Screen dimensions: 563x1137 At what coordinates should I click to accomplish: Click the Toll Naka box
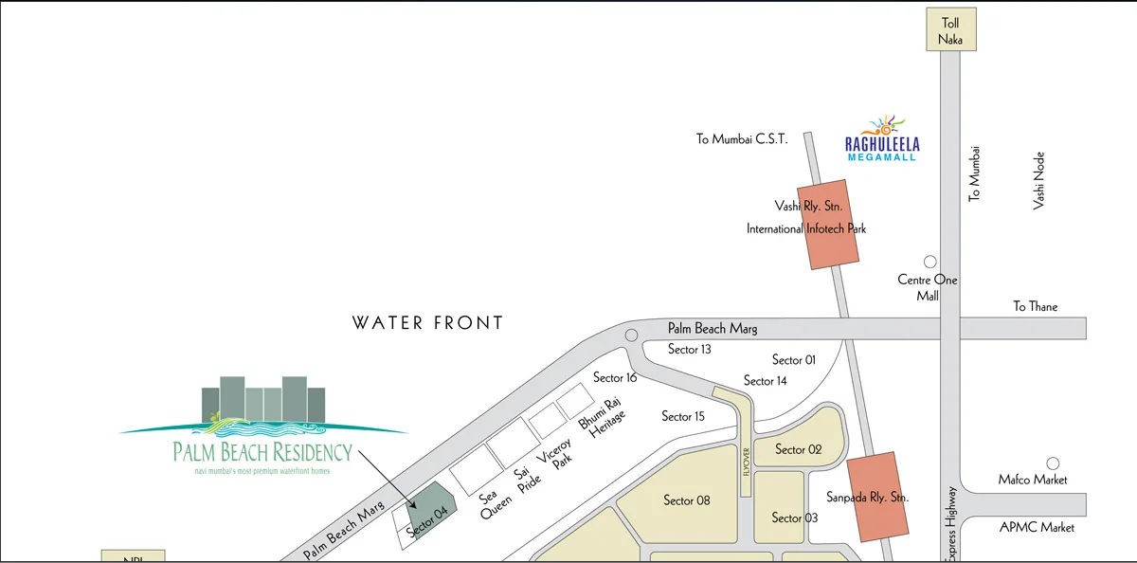(x=950, y=30)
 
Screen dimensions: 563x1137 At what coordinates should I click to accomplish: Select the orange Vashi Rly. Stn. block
(x=829, y=224)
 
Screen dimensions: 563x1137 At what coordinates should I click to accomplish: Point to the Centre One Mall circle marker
(x=929, y=262)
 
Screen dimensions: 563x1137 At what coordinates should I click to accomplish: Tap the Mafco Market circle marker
(x=1052, y=463)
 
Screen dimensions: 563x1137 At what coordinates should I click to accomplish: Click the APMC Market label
(x=1038, y=527)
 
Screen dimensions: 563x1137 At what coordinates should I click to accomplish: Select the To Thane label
(x=1035, y=306)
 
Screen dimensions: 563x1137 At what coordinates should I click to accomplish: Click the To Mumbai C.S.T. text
(x=742, y=139)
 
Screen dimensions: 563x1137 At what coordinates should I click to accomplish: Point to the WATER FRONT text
(x=427, y=323)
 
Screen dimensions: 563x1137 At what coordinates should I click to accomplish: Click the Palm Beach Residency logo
(x=263, y=427)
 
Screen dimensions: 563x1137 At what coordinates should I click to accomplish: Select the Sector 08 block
(x=685, y=499)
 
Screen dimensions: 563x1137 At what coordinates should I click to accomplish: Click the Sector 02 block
(x=799, y=448)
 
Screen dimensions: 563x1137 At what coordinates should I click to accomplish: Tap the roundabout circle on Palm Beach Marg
(x=631, y=336)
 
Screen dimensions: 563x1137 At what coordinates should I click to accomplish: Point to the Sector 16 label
(x=615, y=378)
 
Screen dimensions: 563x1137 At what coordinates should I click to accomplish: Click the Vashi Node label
(x=1039, y=180)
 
